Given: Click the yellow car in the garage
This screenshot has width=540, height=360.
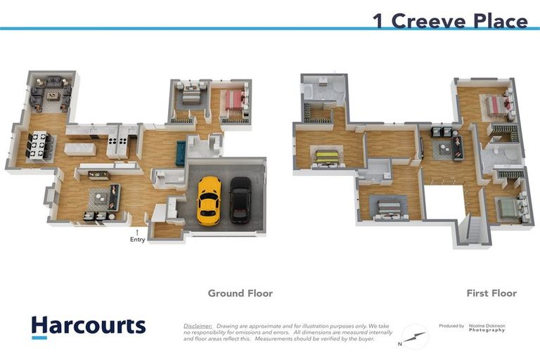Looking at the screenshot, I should click(208, 200).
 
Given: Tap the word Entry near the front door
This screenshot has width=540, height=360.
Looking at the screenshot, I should click(137, 240).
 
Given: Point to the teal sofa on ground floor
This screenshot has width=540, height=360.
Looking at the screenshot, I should click(180, 153).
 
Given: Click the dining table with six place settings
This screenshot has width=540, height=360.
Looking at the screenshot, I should click(39, 145).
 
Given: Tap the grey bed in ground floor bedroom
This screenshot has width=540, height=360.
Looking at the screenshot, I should click(191, 96).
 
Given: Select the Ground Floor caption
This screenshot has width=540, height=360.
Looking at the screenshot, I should click(240, 293).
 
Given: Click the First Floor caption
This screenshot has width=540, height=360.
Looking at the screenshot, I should click(491, 293).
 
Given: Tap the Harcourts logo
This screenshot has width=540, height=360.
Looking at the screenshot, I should click(88, 326).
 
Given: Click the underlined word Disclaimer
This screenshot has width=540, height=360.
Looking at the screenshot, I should click(198, 326).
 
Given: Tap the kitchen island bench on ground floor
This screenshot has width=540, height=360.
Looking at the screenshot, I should click(79, 148).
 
